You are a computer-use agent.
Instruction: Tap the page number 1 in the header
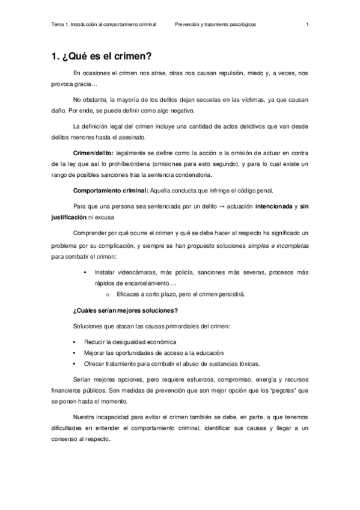pos(307,25)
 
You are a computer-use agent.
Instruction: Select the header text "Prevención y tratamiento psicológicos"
pos(215,25)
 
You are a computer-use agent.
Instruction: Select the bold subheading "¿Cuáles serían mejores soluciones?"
pos(125,310)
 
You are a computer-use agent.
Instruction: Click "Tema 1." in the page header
pos(60,25)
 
